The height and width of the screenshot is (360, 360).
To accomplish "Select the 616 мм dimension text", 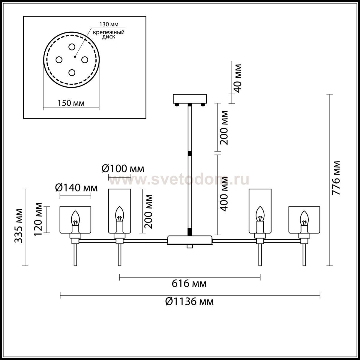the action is point(189,283).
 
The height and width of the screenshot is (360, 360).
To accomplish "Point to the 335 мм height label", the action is point(19,226).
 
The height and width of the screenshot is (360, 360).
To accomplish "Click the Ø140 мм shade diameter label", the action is point(76,188).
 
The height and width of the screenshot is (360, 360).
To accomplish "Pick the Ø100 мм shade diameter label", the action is point(123,169).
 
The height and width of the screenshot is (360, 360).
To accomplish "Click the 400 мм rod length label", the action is point(224,194).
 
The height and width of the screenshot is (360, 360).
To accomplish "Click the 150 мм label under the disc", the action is point(71,103).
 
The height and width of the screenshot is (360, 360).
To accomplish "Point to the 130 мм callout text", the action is point(109,24).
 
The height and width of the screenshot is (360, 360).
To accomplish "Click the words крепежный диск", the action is point(109,34).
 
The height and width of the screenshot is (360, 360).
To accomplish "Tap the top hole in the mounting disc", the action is point(72,47).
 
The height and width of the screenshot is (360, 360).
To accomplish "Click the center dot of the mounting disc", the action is point(74,57).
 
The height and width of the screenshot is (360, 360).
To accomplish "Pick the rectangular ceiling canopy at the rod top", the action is point(190,99).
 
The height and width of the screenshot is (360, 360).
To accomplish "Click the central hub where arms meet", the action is point(190,240).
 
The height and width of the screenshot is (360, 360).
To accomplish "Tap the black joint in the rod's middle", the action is point(190,154).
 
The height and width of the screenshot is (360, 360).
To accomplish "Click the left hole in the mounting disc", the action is point(59,60).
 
